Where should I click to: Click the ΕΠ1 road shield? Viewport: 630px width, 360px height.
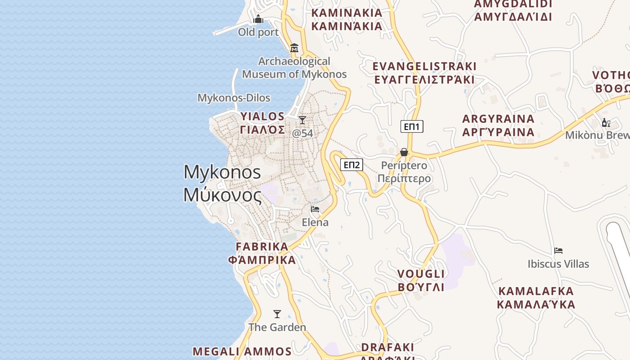[412, 126]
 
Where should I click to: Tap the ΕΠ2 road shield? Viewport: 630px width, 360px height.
[351, 165]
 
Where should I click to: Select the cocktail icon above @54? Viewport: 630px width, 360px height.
[302, 120]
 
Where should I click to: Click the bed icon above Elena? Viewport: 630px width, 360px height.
[315, 209]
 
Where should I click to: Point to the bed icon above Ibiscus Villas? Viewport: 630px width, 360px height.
[558, 251]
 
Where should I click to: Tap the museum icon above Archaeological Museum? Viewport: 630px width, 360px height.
[294, 48]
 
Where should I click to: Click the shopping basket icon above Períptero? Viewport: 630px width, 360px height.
[404, 152]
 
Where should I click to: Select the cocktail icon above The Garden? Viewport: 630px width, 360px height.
[277, 314]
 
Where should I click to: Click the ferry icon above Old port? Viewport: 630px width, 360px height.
[258, 19]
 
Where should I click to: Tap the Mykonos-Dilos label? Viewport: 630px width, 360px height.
[234, 98]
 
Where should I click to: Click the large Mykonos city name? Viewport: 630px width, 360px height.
[222, 183]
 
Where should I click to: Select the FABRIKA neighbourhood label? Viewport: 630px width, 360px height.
[262, 253]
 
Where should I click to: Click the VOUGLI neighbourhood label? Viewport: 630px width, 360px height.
[421, 280]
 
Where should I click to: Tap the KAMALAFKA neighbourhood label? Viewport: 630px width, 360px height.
[536, 297]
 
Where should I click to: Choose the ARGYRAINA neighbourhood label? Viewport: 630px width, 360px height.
[499, 126]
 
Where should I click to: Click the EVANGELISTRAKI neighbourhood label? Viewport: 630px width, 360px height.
[424, 73]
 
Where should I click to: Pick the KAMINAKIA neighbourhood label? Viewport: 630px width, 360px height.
[347, 19]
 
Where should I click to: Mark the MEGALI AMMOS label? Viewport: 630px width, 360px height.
[242, 351]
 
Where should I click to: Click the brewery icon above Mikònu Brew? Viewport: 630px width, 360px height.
[606, 122]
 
